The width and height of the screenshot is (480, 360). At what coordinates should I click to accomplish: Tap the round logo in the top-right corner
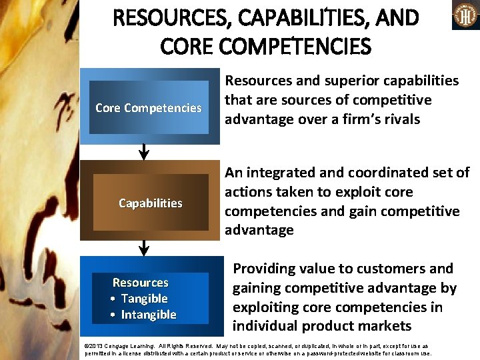(x=466, y=15)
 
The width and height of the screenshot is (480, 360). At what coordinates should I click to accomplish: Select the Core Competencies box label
(x=148, y=108)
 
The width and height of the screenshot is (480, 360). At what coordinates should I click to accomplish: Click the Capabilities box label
(x=150, y=203)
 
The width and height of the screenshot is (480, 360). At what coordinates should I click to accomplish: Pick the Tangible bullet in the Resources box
(x=143, y=299)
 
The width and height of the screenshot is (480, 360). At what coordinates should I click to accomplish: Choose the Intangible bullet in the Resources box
(x=148, y=315)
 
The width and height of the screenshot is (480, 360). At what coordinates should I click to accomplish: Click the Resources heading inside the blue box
(x=140, y=283)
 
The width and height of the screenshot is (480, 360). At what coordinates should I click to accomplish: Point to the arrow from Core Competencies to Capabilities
(x=143, y=153)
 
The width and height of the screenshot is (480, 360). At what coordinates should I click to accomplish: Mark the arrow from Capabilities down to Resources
(x=143, y=249)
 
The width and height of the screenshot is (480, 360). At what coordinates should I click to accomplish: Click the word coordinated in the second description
(x=383, y=173)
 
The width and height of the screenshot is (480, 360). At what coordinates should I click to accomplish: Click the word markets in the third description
(x=387, y=326)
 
